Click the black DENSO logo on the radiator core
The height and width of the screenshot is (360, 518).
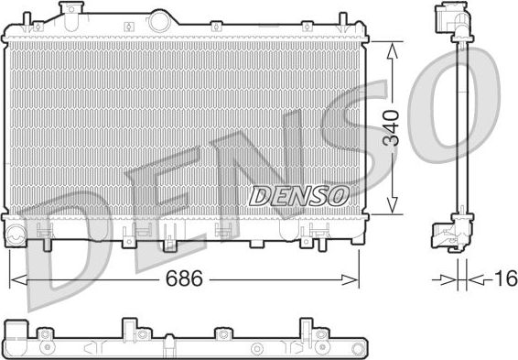tap(298, 193)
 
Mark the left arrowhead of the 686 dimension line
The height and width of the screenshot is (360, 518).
tap(14, 278)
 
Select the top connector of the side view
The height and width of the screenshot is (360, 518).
tap(458, 23)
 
